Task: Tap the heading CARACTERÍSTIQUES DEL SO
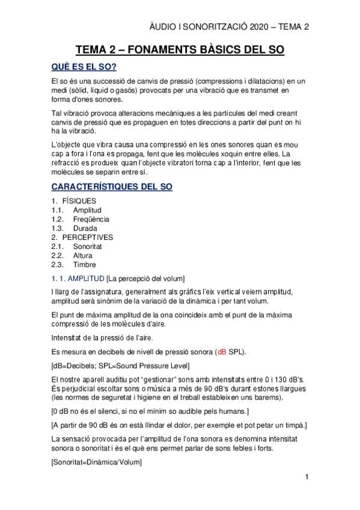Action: pos(112,187)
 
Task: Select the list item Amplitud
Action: pos(87,210)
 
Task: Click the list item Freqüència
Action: pos(91,219)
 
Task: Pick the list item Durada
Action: pos(85,228)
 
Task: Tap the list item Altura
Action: pos(83,255)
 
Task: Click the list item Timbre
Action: pos(84,264)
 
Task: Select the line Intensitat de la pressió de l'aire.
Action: pos(101,338)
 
